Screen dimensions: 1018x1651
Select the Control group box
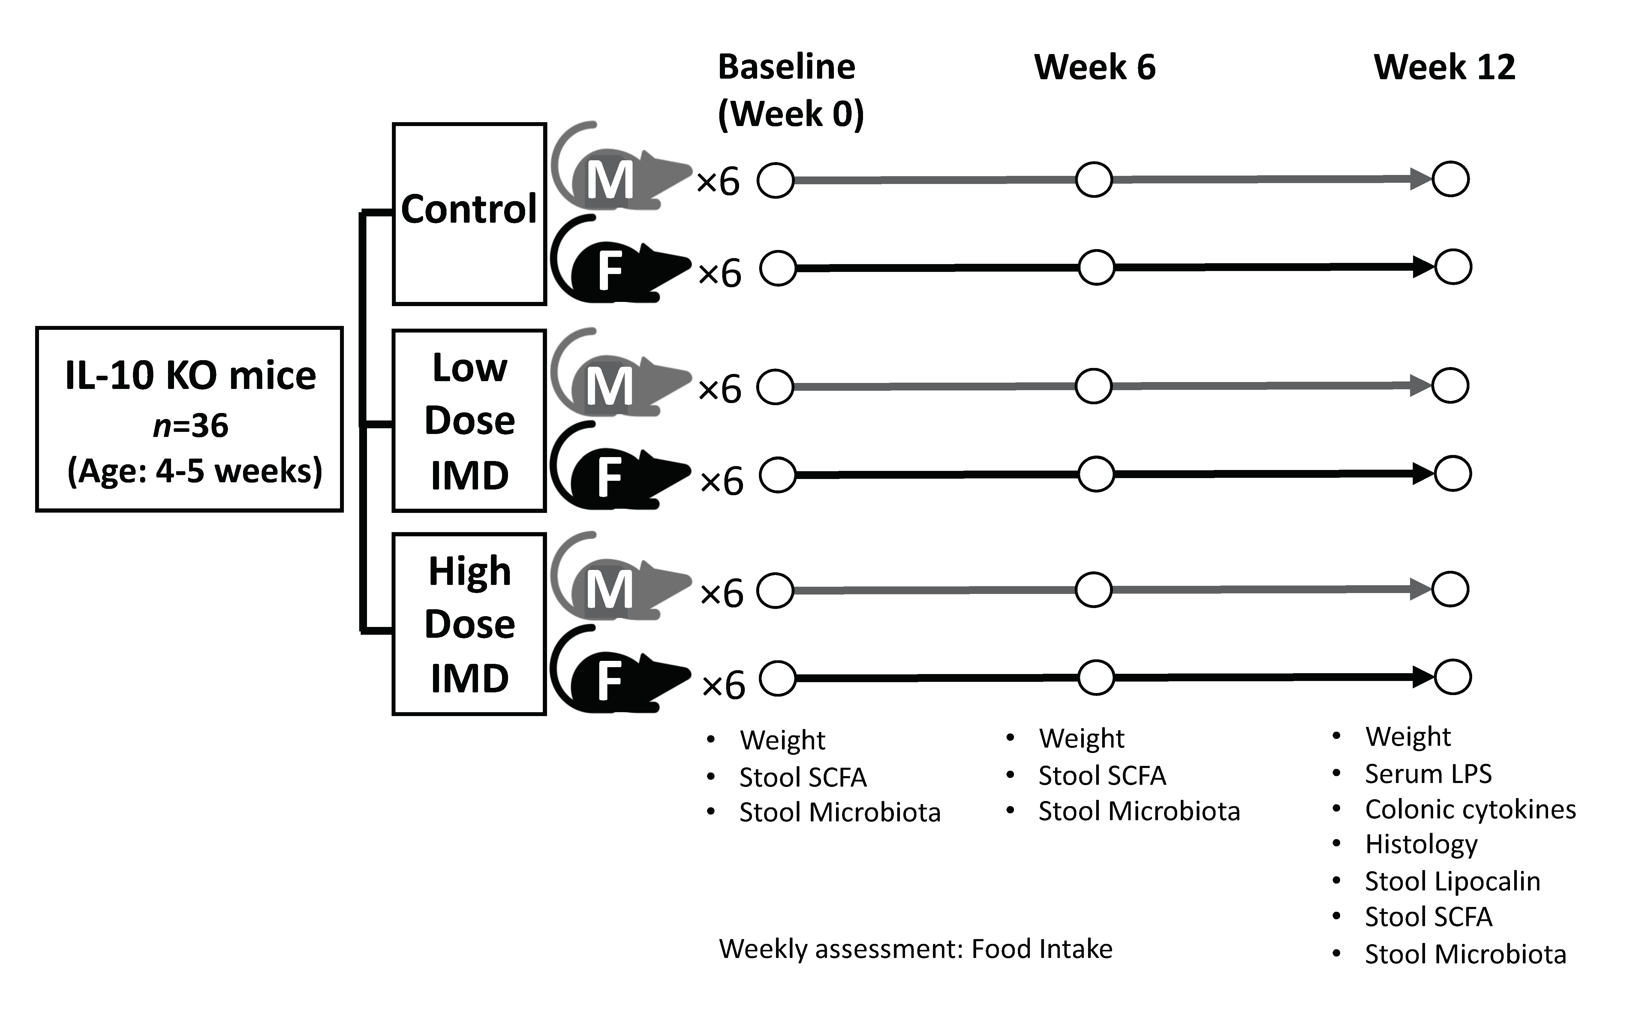click(469, 214)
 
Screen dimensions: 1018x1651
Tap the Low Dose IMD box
click(469, 421)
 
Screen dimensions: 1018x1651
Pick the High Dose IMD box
click(469, 624)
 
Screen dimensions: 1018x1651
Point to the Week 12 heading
click(1444, 67)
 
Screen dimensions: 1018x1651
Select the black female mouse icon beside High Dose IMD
click(619, 677)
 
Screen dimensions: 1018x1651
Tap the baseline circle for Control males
click(775, 180)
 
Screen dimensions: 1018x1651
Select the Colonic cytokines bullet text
click(1470, 809)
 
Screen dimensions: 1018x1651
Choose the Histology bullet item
click(1421, 844)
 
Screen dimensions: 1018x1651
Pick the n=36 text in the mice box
click(191, 426)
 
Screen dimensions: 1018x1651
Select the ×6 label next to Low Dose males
click(720, 389)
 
